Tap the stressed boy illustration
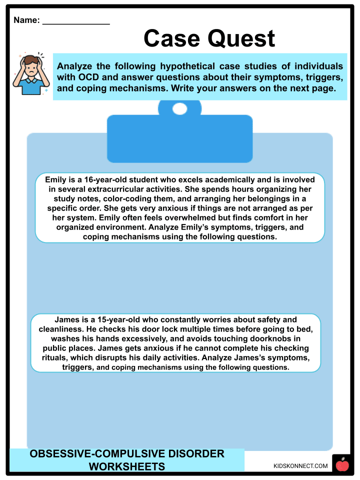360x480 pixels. point(30,73)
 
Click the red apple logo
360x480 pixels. point(342,465)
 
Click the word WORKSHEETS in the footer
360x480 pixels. point(127,467)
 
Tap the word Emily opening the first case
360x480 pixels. point(56,179)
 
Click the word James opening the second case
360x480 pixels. point(66,319)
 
